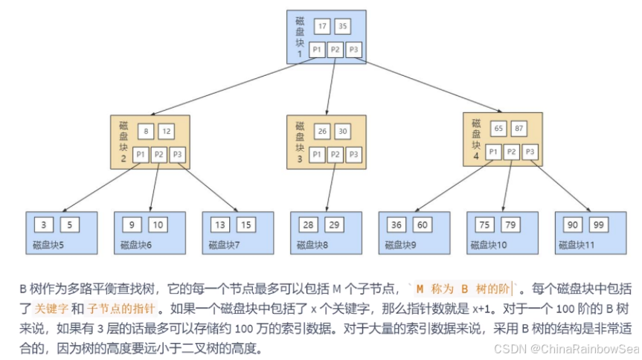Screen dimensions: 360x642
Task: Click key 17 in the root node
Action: (322, 27)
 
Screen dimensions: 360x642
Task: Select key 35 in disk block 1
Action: (343, 27)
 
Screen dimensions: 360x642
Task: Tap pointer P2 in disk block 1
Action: (336, 50)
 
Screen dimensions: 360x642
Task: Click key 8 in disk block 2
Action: (145, 132)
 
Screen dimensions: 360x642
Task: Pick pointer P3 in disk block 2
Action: (177, 155)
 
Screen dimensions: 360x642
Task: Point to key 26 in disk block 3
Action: (322, 132)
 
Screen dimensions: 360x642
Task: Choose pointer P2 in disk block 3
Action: (336, 155)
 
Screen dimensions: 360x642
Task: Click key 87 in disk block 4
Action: (519, 129)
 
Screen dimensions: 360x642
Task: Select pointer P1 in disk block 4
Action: (492, 152)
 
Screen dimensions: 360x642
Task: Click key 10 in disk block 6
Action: (158, 225)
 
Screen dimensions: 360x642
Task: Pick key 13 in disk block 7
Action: (220, 225)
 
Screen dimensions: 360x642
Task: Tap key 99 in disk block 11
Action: (600, 225)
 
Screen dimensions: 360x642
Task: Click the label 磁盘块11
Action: (578, 244)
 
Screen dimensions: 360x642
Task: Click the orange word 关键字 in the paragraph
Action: (56, 307)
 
